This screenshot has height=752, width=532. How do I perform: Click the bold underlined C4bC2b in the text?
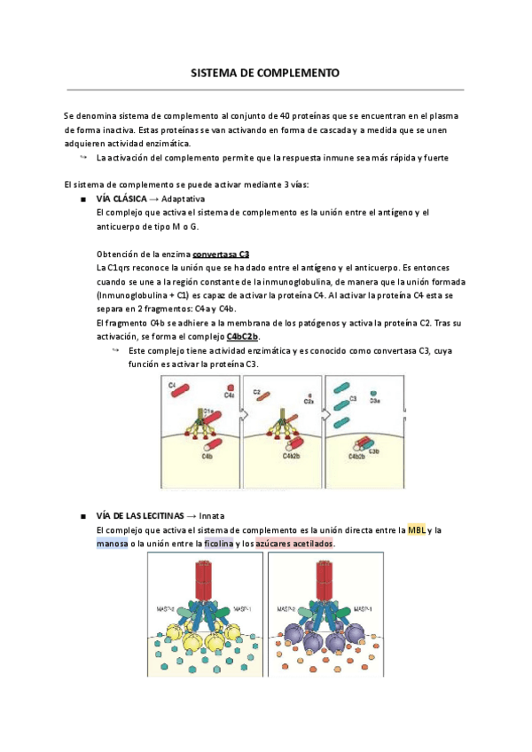(x=242, y=337)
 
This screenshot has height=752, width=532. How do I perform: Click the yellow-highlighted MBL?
(x=417, y=529)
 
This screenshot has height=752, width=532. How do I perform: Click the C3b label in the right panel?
(x=374, y=451)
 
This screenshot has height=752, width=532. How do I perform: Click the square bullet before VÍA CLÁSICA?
(x=82, y=200)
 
